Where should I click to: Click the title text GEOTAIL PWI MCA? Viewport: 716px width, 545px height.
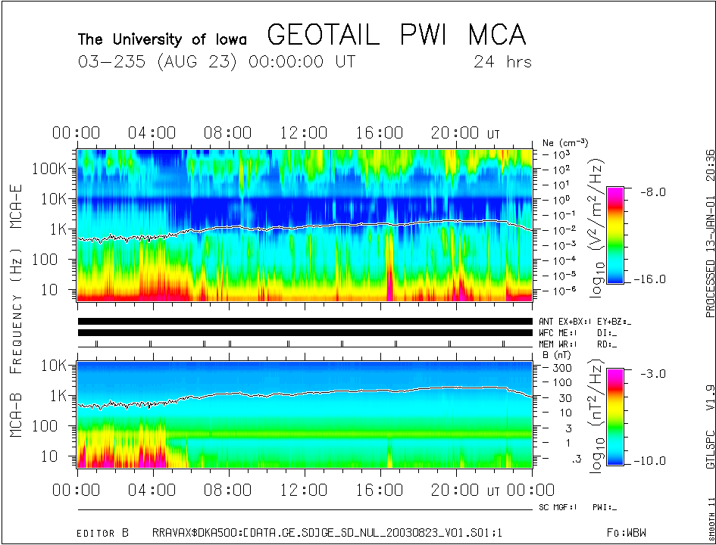[x=396, y=35]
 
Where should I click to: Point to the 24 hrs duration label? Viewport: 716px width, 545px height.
[x=502, y=61]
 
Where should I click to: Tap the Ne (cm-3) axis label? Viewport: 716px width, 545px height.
[x=565, y=142]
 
